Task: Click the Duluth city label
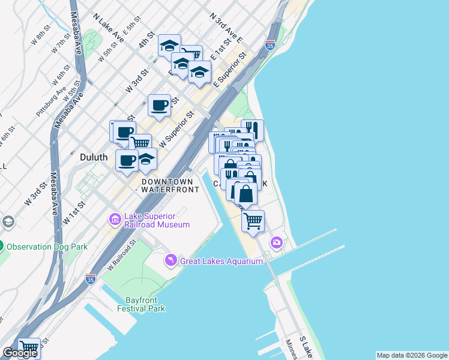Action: point(94,157)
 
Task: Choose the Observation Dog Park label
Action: point(47,247)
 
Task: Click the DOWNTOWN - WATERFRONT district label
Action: point(167,185)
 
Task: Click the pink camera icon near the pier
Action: point(276,242)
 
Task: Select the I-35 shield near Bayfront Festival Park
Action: point(90,279)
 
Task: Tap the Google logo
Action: point(19,353)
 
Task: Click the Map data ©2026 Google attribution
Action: point(411,355)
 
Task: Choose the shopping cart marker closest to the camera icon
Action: point(253,220)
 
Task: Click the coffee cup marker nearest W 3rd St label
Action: point(160,106)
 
